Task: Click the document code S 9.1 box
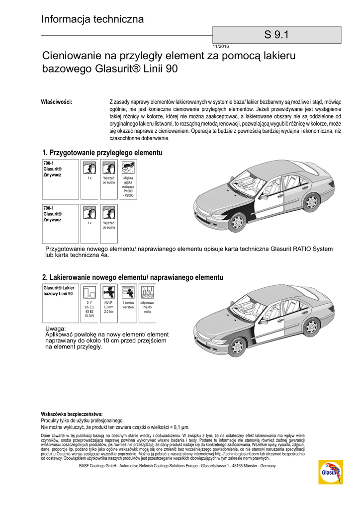coord(276,35)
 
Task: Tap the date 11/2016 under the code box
coord(221,46)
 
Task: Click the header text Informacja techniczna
coord(92,19)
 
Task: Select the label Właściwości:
coord(56,102)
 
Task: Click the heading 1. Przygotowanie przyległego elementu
coord(102,153)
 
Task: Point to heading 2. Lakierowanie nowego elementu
coord(133,277)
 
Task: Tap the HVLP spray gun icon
coord(108,292)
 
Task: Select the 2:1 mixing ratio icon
coord(90,292)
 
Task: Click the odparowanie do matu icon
coord(147,292)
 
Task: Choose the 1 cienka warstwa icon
coord(128,292)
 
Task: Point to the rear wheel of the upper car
coord(311,202)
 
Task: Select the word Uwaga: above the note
coord(55,329)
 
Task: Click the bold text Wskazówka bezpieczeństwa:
coord(72,414)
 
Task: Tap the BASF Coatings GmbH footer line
coord(178,466)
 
